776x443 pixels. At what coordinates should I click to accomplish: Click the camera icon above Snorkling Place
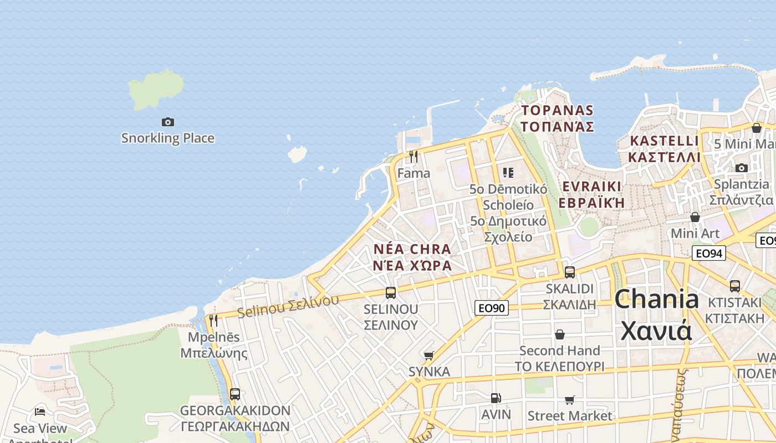pos(167,122)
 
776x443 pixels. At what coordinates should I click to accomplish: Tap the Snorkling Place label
pos(167,138)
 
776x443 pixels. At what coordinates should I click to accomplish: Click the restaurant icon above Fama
pos(413,157)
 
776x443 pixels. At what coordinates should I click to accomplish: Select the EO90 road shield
pos(492,308)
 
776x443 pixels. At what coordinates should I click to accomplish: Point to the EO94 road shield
pos(709,254)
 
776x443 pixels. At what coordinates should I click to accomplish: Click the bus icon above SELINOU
pos(391,293)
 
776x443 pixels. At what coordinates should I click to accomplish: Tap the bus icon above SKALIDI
pos(570,272)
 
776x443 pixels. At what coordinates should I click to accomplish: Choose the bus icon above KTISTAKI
pos(735,286)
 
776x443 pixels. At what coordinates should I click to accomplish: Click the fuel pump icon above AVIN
pos(496,398)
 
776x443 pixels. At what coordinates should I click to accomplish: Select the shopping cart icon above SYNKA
pos(428,356)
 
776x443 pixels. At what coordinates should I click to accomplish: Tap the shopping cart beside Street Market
pos(569,400)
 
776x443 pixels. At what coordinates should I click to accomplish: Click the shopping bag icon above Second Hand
pos(560,334)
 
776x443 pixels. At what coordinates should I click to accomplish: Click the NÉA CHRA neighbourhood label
pos(412,249)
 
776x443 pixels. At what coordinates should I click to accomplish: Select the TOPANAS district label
pos(557,111)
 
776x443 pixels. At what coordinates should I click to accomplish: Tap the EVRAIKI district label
pos(591,186)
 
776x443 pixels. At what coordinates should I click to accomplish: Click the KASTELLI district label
pos(664,141)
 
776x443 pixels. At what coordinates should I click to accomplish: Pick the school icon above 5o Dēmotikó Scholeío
pos(508,173)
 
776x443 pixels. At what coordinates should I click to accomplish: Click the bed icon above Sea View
pos(40,411)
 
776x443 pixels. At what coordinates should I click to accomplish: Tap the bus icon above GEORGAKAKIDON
pos(235,394)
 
